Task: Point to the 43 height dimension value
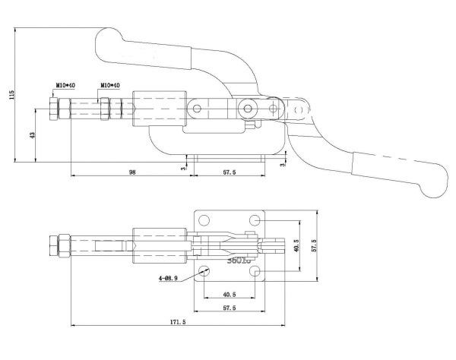coord(32,134)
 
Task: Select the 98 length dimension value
coord(132,172)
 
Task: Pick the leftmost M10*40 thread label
coord(65,86)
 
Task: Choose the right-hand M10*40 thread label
coord(110,86)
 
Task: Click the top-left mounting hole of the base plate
coord(204,219)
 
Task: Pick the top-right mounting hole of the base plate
coord(256,219)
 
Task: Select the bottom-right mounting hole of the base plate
coord(256,271)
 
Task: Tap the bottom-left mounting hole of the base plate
coord(204,271)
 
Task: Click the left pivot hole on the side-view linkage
coord(198,109)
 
